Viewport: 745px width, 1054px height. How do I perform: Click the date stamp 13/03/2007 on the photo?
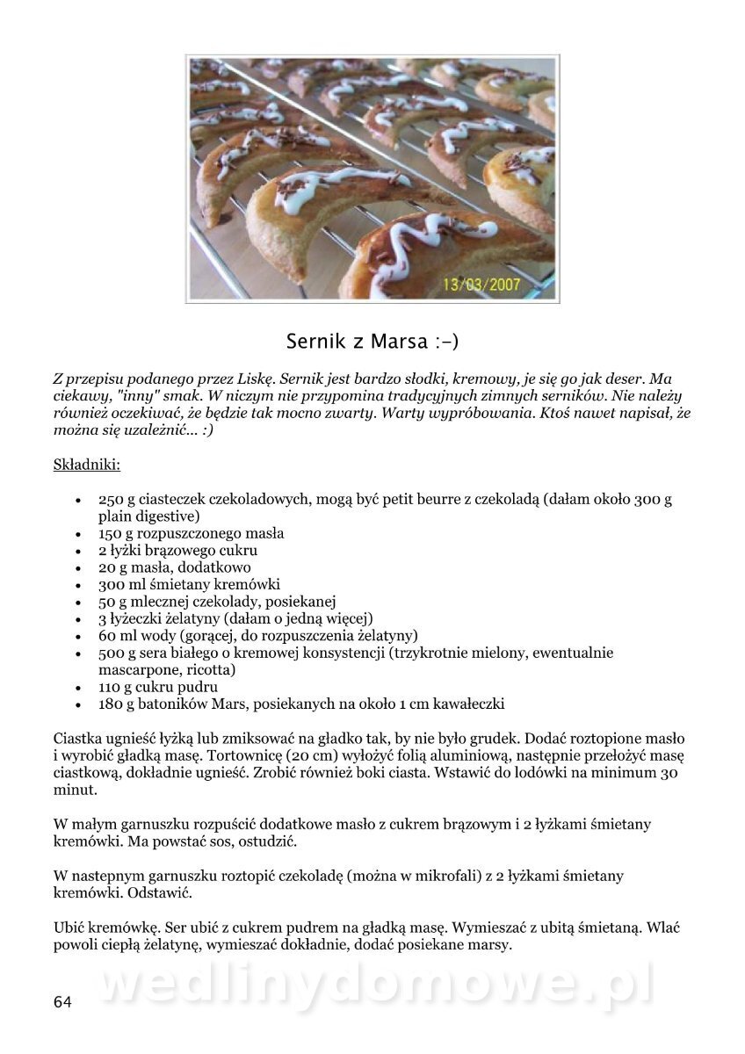coord(481,285)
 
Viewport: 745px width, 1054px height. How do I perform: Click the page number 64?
coord(62,1002)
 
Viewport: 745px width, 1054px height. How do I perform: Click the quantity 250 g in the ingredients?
coord(116,499)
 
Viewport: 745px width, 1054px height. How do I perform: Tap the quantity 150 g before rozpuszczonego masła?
coord(116,533)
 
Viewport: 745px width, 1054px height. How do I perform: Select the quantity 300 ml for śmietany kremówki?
coord(119,584)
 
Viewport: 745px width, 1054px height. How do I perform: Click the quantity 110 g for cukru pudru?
coord(116,687)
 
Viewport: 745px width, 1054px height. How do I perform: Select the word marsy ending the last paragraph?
coord(489,945)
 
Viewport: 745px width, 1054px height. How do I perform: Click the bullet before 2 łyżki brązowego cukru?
coord(79,552)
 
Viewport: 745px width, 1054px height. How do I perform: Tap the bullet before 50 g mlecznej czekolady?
coord(79,603)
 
